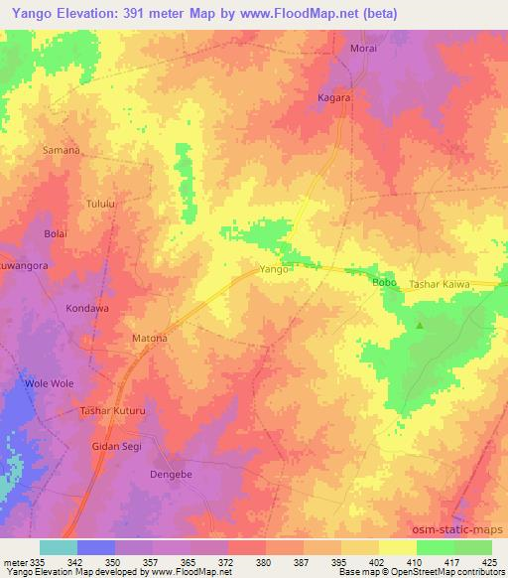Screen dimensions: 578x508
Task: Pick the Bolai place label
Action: coord(56,233)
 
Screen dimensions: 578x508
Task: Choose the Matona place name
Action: coord(150,339)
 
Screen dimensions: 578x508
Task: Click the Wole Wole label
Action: coord(50,383)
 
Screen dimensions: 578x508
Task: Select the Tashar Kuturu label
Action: coord(113,410)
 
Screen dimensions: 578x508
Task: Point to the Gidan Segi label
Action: coord(116,446)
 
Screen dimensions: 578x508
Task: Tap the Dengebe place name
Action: coord(170,475)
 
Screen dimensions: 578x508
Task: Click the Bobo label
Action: coord(384,283)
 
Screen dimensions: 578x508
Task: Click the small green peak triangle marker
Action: coord(420,325)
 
